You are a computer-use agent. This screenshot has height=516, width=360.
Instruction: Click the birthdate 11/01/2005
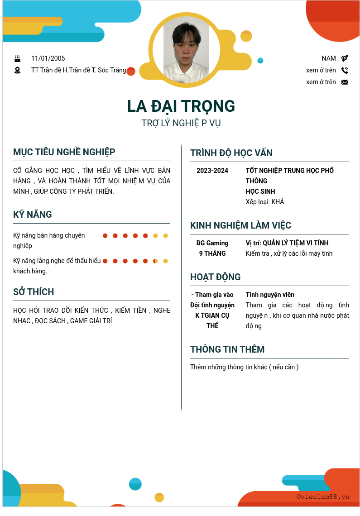click(48, 58)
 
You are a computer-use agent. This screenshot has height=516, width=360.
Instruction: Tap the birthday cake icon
click(18, 58)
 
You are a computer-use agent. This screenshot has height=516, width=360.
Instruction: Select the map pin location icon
click(18, 70)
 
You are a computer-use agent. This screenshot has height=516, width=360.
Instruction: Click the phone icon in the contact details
click(345, 70)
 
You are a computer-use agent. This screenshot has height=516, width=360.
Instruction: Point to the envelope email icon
click(345, 82)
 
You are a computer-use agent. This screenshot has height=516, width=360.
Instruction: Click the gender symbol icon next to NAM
click(345, 58)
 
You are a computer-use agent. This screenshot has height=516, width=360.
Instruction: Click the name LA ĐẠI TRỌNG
click(181, 106)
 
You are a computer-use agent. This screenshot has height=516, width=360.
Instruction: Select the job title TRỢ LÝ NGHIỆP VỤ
click(181, 123)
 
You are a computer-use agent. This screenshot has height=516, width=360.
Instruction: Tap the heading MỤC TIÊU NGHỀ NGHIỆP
click(64, 152)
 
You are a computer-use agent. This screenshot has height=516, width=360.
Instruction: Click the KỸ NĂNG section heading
click(33, 215)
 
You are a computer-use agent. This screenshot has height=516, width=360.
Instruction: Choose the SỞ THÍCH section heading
click(34, 292)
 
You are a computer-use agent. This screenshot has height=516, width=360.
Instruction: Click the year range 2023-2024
click(212, 171)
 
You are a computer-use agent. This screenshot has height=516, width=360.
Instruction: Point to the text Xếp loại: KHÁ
click(265, 202)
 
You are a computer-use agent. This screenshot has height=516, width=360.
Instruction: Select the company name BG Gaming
click(212, 243)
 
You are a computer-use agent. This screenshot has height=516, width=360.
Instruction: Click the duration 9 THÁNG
click(212, 253)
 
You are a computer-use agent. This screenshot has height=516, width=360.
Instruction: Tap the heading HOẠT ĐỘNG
click(216, 277)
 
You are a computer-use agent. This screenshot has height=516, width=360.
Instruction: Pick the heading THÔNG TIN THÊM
click(227, 349)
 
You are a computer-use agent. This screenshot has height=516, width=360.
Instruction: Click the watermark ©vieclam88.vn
click(323, 497)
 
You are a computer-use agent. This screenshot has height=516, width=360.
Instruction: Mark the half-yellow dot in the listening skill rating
click(155, 261)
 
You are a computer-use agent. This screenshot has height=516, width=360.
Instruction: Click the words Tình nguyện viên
click(270, 295)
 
